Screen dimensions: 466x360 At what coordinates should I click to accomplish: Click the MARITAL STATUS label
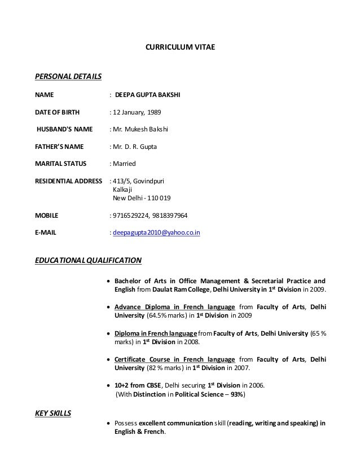[61, 164]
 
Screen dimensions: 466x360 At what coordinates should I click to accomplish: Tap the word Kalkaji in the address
[124, 190]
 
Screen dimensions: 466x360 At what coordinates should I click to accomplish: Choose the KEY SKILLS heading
[53, 414]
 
